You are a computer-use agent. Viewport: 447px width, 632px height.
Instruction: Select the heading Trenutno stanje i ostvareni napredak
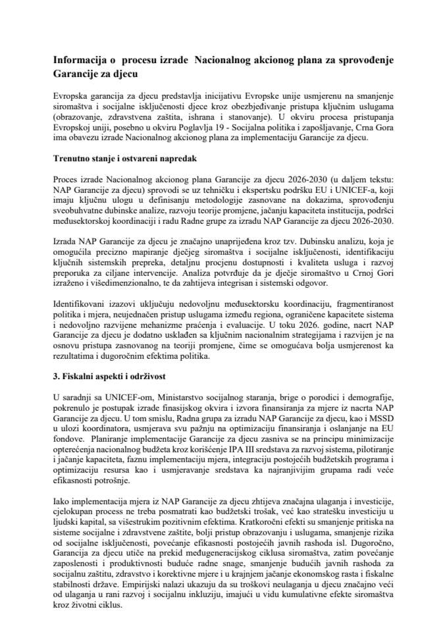coord(126,160)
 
